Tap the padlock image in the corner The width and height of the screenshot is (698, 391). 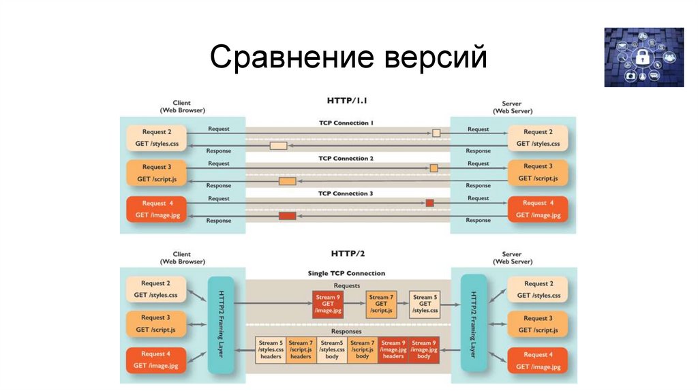pos(643,57)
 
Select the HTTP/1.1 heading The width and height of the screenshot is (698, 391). pos(348,100)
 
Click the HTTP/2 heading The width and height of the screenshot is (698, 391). pos(348,253)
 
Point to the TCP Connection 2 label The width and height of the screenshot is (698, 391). pos(346,158)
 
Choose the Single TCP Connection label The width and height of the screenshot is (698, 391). pos(346,273)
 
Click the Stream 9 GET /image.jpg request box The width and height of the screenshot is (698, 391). pos(328,304)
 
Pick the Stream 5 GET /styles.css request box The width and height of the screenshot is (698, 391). pos(425,304)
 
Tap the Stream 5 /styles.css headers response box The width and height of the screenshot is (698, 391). pos(271,349)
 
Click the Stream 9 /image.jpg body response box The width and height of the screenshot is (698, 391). pos(423,349)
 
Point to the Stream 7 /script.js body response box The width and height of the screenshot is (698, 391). pos(362,349)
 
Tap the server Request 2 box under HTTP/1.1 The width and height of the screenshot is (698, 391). pos(538,138)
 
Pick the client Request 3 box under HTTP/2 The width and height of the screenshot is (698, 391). pos(155,324)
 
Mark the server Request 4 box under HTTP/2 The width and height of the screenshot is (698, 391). pos(538,360)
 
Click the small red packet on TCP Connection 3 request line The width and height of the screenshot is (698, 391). pos(429,203)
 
